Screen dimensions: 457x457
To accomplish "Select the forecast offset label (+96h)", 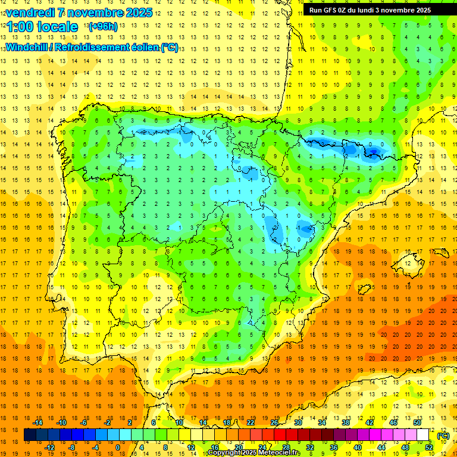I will (x=102, y=27).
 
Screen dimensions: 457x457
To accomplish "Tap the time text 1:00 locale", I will (x=42, y=27).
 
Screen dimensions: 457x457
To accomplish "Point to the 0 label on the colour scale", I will (x=117, y=447).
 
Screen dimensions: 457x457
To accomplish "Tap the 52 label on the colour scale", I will (x=429, y=447).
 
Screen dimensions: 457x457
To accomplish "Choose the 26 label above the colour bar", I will (x=274, y=422).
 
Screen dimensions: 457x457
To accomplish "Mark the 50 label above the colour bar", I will (x=417, y=422).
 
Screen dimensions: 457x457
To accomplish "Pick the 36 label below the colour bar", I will (x=334, y=447).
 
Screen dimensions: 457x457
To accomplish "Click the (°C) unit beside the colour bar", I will (x=443, y=435).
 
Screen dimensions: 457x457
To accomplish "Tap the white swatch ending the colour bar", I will (x=423, y=435).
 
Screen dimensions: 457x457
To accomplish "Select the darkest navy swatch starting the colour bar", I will (x=30, y=435).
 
